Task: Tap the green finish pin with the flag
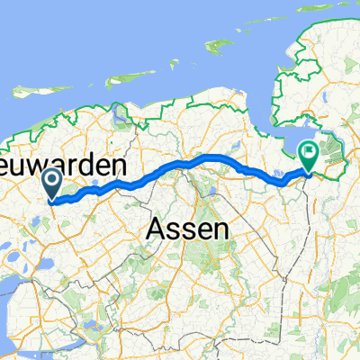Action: (x=310, y=155)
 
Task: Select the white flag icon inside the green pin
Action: (x=310, y=151)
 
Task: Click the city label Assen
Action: (x=186, y=230)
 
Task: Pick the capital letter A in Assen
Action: (x=155, y=230)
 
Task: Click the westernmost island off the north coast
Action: (x=31, y=89)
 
